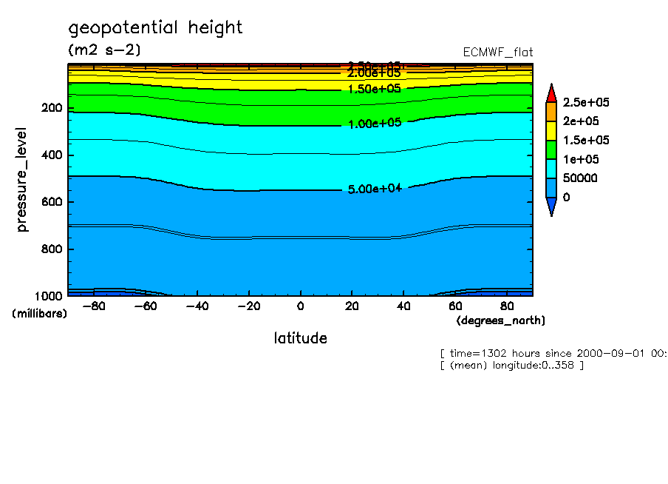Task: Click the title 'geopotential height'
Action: coord(155,28)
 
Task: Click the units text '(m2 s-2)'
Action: coord(104,50)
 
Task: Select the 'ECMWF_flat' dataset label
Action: coord(497,53)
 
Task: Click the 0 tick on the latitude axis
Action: coord(300,306)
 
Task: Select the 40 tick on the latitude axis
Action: coord(404,306)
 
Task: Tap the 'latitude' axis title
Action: coord(300,338)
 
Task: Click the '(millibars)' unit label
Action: coord(39,314)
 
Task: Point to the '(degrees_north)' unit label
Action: coord(501,320)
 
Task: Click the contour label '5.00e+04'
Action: coord(374,189)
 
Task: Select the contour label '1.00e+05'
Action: coord(374,123)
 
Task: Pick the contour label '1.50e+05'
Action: coord(374,88)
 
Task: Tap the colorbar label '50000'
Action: coord(580,178)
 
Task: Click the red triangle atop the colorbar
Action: coord(551,93)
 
